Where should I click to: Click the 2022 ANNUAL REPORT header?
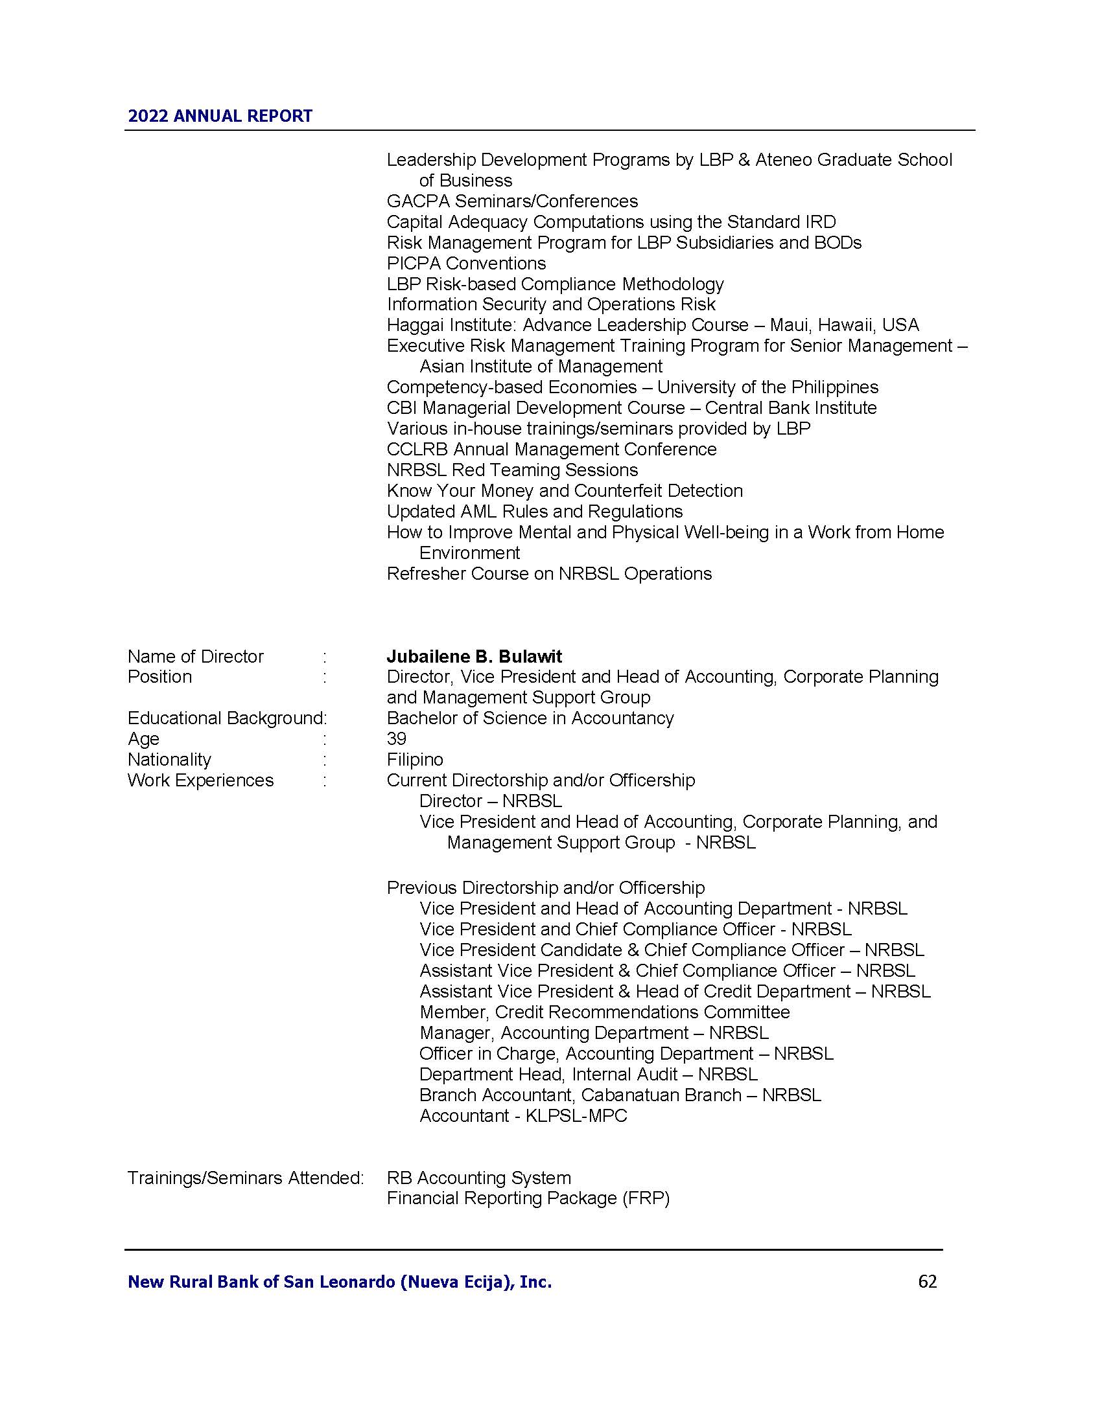pos(220,116)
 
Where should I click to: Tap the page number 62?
pos(927,1282)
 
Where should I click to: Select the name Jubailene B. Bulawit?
pos(474,656)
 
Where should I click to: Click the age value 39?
pos(396,738)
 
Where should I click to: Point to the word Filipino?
pos(415,760)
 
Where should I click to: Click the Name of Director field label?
pos(195,656)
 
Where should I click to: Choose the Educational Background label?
pos(225,718)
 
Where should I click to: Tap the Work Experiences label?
pos(200,781)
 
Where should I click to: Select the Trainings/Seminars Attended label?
pos(245,1178)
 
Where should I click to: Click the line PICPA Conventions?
pos(466,264)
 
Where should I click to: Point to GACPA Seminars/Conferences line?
pos(512,201)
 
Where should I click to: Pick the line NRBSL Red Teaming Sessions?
pos(512,470)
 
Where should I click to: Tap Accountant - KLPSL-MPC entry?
pos(523,1116)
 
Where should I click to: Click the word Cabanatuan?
pos(661,1095)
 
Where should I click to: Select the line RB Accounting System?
pos(478,1178)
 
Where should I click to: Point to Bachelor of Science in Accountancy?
pos(530,718)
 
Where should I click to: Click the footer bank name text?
pos(340,1282)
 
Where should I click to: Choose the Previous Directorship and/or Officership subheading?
pos(546,888)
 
